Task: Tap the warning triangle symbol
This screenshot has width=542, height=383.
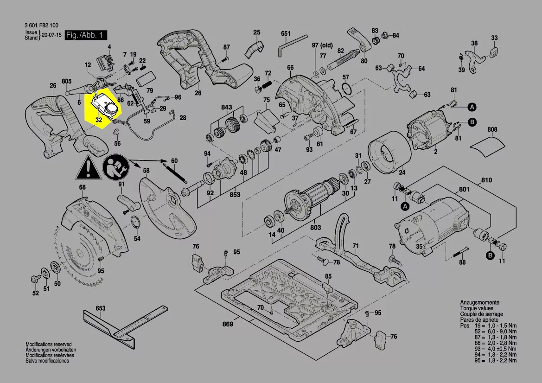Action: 87,168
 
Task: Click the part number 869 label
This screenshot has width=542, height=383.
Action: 227,324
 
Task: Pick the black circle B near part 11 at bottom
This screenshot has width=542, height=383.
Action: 490,255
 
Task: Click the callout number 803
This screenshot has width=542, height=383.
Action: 315,228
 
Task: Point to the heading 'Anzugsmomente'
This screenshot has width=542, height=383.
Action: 479,302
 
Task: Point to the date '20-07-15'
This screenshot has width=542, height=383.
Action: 52,35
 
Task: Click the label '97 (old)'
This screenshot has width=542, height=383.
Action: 322,45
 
